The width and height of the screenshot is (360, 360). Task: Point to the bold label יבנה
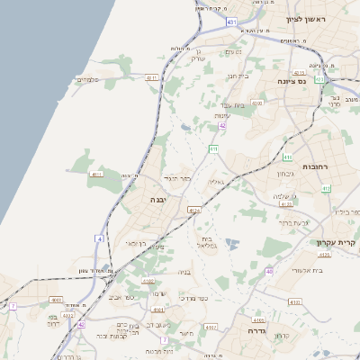coord(158,198)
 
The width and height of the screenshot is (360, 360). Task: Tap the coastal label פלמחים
coord(86,80)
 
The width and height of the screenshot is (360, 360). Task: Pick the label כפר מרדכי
coord(193,297)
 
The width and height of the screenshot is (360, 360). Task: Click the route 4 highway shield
coord(101,238)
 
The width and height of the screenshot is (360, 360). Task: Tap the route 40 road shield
coord(268,271)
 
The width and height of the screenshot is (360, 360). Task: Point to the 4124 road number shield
coord(193,210)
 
